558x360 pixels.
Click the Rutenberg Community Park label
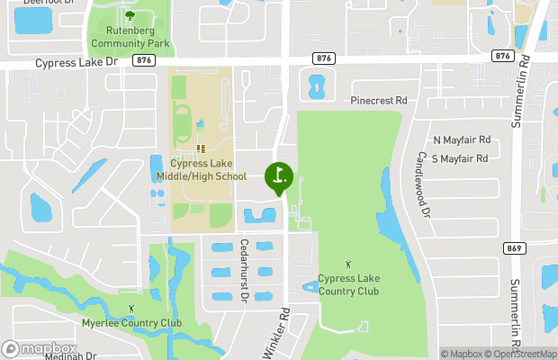click(131, 36)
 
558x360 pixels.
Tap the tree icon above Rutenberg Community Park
click(131, 15)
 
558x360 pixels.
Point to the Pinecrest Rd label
click(379, 100)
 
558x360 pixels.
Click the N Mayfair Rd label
click(461, 140)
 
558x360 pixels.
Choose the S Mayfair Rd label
click(459, 158)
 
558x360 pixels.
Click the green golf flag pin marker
click(279, 175)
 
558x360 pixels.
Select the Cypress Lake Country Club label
click(348, 285)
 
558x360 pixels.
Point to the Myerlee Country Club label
click(131, 323)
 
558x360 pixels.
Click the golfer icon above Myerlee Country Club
click(131, 308)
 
